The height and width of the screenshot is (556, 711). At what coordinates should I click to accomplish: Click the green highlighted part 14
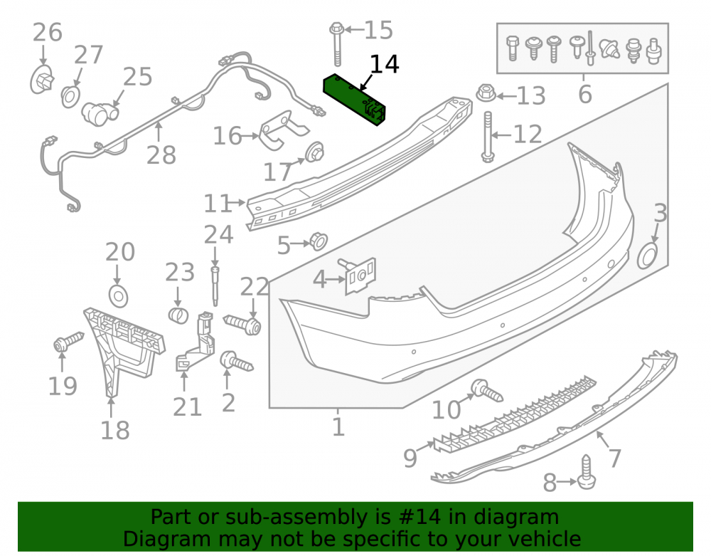coord(354,100)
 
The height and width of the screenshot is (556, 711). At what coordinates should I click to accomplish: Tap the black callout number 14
coord(385,65)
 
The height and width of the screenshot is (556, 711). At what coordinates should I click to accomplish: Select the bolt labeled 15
coord(336,43)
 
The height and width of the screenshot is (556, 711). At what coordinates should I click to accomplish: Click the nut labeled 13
coord(486,93)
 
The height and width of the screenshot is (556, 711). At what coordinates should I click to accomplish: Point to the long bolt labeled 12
coord(488,137)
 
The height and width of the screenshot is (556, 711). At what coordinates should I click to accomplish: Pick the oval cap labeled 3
coord(648,256)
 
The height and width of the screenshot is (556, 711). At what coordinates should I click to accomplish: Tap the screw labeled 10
coord(486,390)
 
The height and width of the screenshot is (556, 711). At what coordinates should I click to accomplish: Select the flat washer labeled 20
coord(119,296)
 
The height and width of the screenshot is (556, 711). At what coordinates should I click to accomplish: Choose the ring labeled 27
coord(70,97)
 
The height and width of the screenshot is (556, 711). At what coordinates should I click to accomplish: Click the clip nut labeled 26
coord(42,80)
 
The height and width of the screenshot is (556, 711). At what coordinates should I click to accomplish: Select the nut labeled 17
coord(314,153)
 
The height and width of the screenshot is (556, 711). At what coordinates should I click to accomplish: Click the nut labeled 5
coord(319,241)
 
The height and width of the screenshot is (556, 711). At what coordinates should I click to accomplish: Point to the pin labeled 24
coord(215,287)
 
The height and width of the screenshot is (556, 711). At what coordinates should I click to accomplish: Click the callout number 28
coord(161,155)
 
